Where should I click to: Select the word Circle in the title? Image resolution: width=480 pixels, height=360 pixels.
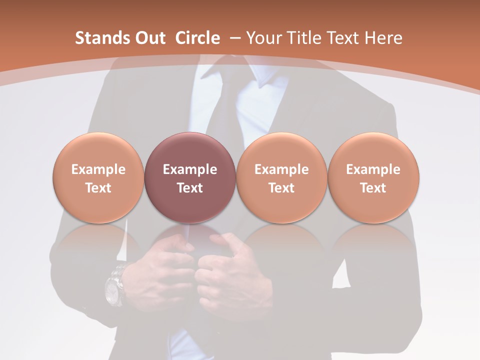point(197,38)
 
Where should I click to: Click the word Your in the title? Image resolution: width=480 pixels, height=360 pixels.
point(263,38)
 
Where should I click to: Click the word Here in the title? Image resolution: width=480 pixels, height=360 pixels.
point(383,38)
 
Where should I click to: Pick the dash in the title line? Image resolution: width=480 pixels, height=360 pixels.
point(234,38)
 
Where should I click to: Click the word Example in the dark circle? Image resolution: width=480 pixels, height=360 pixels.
point(190,169)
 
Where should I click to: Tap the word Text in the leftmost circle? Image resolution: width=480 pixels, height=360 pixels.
point(98,188)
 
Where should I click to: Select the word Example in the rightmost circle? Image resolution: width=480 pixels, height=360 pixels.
point(373,169)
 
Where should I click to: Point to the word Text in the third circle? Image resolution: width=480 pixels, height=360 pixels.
point(281,188)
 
